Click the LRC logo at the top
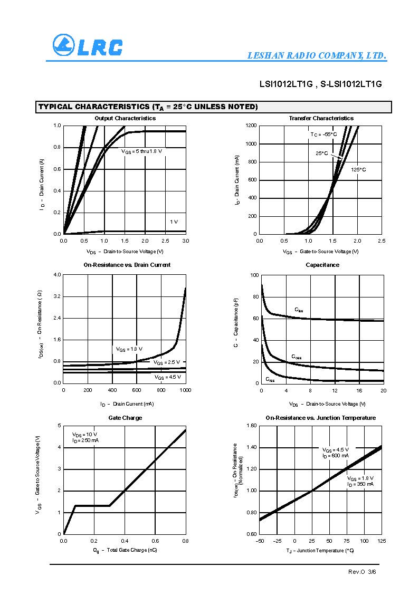(x=88, y=45)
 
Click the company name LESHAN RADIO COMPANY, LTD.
(x=317, y=56)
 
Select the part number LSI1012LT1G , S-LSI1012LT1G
(x=320, y=84)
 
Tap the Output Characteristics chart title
(x=125, y=118)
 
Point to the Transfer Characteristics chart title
(x=321, y=118)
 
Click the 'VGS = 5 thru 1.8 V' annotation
(x=141, y=151)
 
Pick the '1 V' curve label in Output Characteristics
(x=174, y=222)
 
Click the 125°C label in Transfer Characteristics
(x=358, y=170)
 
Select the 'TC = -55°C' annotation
(x=323, y=135)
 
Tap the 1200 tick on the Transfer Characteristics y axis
(x=251, y=126)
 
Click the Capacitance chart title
(x=322, y=265)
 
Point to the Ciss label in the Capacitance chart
(x=299, y=310)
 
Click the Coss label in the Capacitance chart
(x=297, y=357)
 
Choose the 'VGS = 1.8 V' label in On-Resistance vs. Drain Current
(x=129, y=349)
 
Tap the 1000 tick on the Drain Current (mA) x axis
(x=185, y=390)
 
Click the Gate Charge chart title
(x=125, y=418)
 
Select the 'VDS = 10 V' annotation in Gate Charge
(x=84, y=434)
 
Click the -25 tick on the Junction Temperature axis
(x=277, y=541)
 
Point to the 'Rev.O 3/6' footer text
(x=362, y=572)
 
